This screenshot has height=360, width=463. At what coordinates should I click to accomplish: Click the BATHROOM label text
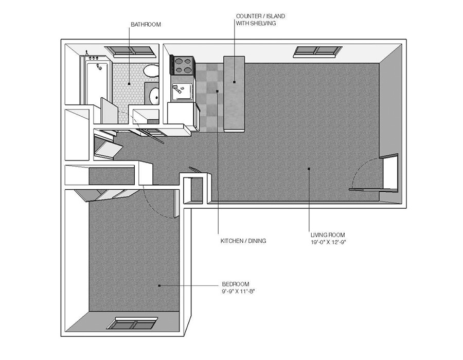[146, 24]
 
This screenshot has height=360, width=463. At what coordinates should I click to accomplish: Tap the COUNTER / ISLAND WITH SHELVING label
[260, 20]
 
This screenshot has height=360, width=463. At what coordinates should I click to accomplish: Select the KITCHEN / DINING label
[243, 241]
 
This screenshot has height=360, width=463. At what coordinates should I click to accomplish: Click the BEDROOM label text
[236, 284]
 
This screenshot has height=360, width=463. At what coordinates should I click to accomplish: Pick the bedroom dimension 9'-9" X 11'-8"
[239, 291]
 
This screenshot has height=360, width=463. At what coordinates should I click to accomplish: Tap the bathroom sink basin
[153, 95]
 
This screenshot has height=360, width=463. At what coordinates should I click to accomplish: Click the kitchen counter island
[234, 93]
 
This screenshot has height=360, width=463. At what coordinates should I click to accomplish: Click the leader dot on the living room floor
[308, 168]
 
